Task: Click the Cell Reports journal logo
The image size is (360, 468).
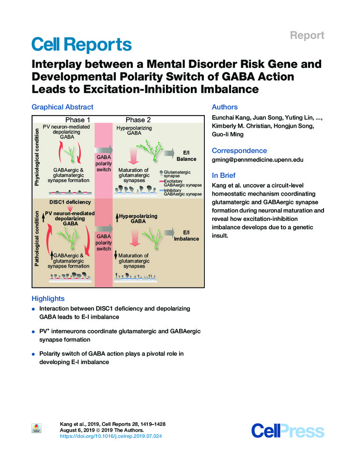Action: coord(81,44)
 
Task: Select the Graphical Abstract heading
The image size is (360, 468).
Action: coord(62,107)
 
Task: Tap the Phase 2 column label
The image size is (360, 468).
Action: coord(138,120)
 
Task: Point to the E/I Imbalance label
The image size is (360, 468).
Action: coord(186,235)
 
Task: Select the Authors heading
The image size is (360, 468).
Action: coord(224,107)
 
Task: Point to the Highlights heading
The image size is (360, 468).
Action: coord(48,298)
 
